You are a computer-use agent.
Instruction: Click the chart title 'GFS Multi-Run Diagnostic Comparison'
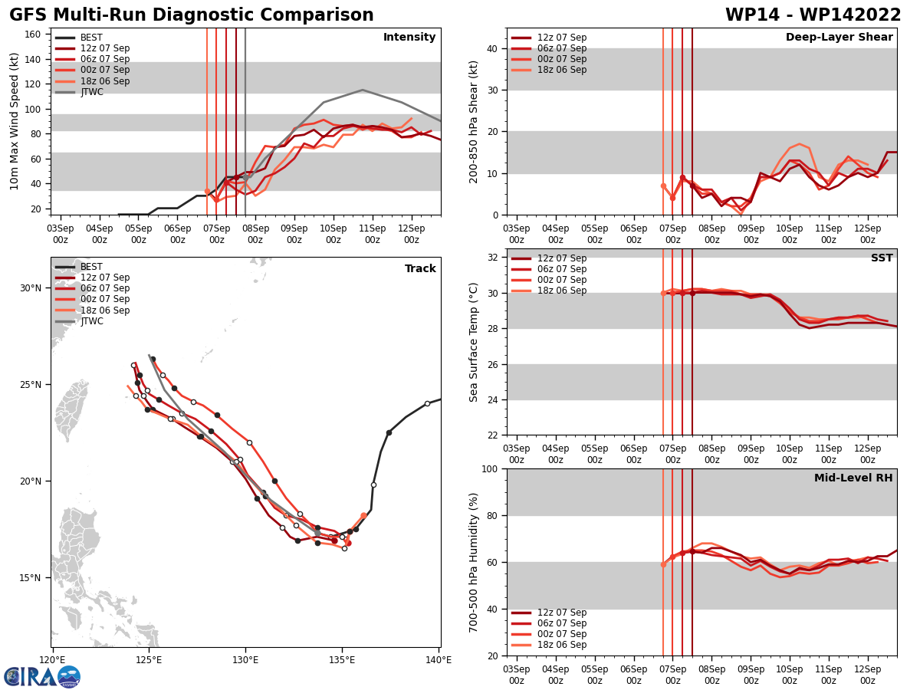click(192, 15)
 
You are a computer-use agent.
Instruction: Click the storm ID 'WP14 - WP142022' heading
click(813, 15)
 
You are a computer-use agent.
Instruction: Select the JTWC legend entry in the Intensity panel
click(91, 92)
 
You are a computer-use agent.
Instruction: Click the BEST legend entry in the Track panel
click(91, 267)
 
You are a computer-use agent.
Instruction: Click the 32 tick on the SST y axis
click(494, 258)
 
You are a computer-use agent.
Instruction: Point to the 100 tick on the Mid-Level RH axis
click(491, 468)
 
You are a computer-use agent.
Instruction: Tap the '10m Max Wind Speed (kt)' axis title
click(15, 121)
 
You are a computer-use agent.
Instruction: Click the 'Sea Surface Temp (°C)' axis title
click(474, 342)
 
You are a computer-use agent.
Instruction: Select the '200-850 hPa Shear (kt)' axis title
click(474, 121)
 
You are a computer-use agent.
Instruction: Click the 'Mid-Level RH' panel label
click(853, 478)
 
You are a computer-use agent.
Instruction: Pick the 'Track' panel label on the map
click(420, 268)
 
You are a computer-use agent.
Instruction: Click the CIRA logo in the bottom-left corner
click(42, 676)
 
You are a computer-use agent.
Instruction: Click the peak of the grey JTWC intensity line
click(363, 90)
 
